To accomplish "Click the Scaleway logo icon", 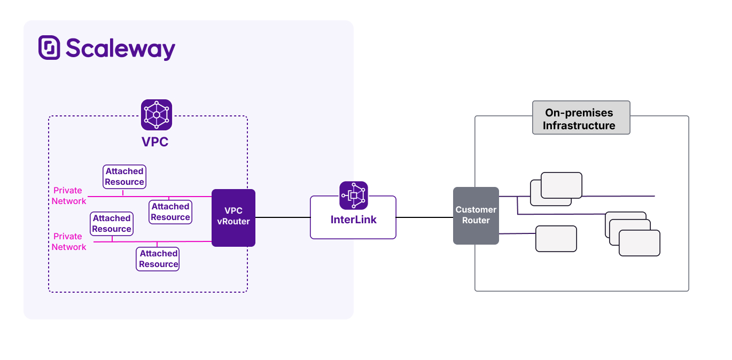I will click(49, 48).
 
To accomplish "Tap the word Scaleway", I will click(121, 49).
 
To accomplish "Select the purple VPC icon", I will click(157, 115).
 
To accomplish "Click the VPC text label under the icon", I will click(155, 142).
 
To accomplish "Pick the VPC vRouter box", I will click(233, 217).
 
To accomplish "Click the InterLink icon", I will click(353, 195).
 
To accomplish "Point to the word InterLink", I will click(353, 220).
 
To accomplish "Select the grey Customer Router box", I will click(476, 215).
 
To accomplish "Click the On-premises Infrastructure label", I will click(581, 119).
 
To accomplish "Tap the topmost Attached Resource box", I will click(124, 176).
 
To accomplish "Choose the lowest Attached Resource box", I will click(158, 259).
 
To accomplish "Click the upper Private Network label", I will click(68, 195).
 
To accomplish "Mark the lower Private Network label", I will click(68, 241).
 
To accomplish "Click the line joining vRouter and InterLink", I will click(283, 217).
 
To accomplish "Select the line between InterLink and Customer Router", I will click(424, 217).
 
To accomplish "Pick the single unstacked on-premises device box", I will click(556, 239).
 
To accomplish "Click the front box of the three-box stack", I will click(639, 243).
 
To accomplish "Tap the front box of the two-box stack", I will click(561, 185).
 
